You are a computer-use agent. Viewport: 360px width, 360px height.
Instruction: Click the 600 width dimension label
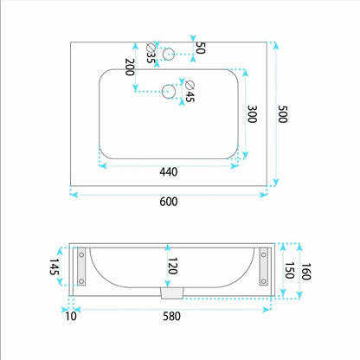click(x=169, y=202)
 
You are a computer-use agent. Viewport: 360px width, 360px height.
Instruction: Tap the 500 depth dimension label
click(x=283, y=114)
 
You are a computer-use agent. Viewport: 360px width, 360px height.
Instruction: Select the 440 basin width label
click(x=169, y=172)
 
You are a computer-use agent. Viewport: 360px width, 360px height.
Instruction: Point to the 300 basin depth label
click(x=252, y=114)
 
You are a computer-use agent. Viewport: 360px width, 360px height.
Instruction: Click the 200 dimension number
click(x=130, y=67)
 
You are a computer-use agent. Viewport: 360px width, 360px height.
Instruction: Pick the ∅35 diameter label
click(x=151, y=53)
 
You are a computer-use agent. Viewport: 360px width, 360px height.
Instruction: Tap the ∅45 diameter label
click(x=190, y=92)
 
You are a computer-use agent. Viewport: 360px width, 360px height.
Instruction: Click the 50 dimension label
click(x=200, y=48)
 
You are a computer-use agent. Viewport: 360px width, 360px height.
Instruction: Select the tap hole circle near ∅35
click(x=169, y=54)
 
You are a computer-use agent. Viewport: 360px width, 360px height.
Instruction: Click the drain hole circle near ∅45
click(x=169, y=92)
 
